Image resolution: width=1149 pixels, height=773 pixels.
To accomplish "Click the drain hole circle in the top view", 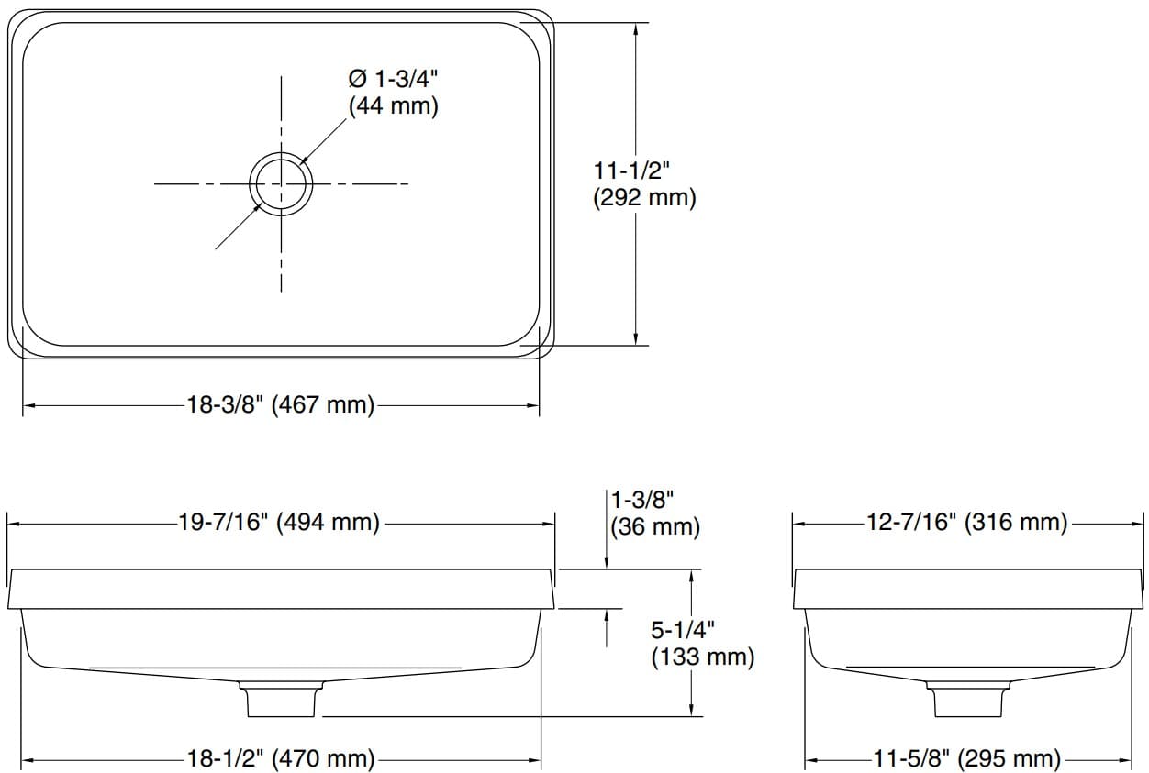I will coord(281,183).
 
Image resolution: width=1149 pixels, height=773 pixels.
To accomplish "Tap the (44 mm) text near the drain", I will coord(393,105).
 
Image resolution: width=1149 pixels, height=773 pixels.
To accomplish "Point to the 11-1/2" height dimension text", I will coord(633,170).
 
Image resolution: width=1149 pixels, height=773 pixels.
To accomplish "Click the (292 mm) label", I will coord(644,197).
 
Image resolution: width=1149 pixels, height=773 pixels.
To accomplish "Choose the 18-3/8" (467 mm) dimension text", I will coord(281,404).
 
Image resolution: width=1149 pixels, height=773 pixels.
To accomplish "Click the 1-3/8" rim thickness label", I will coord(643,500).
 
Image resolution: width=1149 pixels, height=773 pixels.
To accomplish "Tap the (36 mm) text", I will coord(655,527).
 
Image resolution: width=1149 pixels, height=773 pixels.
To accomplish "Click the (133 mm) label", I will coord(702,657).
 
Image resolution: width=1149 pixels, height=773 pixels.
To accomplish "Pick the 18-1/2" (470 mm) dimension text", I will coord(281,759).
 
